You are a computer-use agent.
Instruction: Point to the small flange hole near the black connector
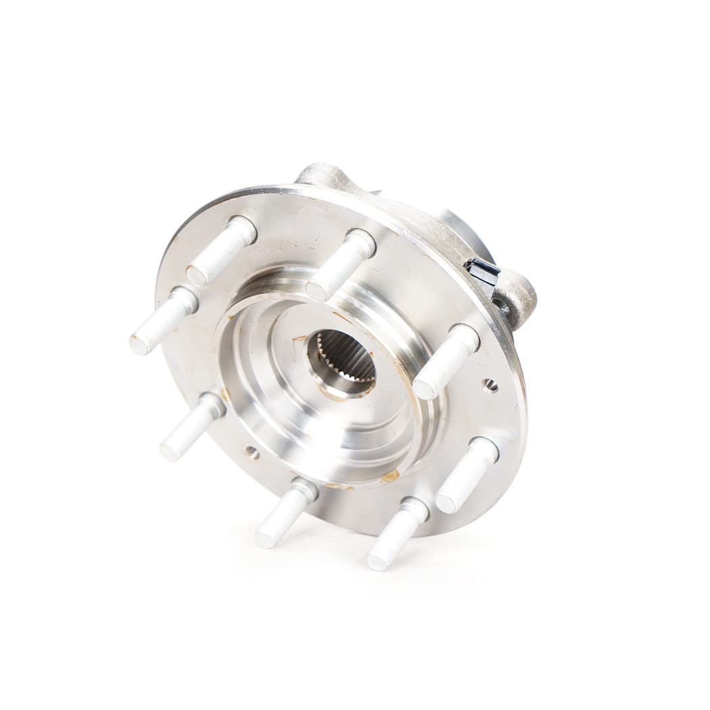pyautogui.click(x=490, y=385)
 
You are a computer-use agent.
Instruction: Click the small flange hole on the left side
pyautogui.click(x=252, y=452)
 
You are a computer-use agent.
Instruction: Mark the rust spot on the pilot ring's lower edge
pyautogui.click(x=389, y=476)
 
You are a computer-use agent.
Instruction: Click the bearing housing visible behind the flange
pyautogui.click(x=460, y=230)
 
